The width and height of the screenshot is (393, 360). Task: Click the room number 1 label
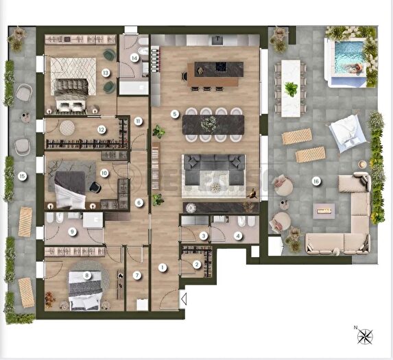163,267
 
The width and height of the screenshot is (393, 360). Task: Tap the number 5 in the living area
175,114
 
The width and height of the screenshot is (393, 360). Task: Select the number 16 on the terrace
316,182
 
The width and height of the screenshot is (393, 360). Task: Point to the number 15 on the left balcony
23,176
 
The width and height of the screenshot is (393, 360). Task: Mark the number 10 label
104,173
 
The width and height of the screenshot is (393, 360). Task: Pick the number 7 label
137,275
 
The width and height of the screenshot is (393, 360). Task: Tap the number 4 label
237,236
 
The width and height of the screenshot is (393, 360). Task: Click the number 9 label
72,232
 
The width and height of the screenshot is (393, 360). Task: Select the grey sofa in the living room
213,169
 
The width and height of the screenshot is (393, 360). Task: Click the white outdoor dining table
291,87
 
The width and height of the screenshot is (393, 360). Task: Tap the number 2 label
197,264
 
